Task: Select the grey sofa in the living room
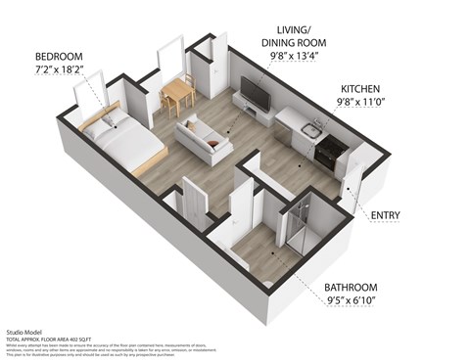(203, 139)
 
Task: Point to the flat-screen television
(255, 95)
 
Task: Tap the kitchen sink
(310, 129)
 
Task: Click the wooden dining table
(178, 91)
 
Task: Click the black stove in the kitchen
(330, 150)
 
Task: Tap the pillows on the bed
(103, 123)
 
